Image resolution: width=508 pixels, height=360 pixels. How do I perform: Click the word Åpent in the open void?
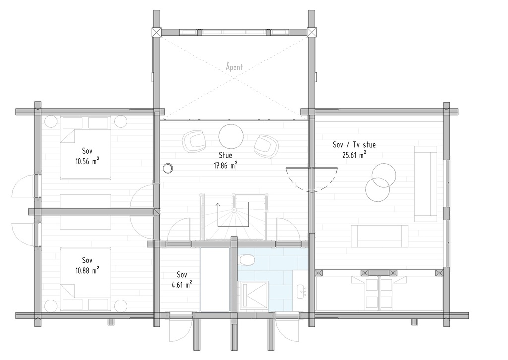coord(234,66)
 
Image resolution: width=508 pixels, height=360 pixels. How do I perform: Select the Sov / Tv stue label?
coord(354,145)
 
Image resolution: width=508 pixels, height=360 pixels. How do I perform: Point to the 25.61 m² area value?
coord(354,155)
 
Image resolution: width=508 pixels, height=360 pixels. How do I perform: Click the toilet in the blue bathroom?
coord(247,261)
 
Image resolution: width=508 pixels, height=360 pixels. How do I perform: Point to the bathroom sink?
coord(301,292)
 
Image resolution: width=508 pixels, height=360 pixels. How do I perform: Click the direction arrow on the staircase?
coord(218,208)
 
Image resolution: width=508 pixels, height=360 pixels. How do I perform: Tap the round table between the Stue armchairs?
coord(231,135)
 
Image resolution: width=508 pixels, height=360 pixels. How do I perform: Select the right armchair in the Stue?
coord(266,146)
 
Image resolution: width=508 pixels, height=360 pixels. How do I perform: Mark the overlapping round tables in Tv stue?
coord(381,182)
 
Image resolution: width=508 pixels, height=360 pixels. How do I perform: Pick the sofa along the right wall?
coord(426,183)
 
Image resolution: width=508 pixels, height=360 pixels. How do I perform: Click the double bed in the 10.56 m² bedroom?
coord(84,147)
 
